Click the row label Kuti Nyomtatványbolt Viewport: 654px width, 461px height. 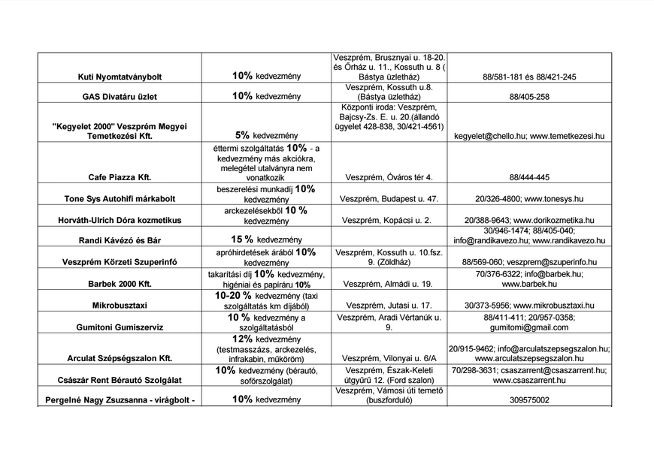120,77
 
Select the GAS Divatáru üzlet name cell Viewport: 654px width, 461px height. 120,97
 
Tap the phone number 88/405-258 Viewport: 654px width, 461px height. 529,97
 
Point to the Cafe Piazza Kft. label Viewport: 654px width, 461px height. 120,177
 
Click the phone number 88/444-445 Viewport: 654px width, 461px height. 529,177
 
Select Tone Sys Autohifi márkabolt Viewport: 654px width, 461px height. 120,199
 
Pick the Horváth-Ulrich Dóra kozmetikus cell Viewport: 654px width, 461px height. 120,221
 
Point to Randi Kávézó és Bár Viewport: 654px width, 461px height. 120,240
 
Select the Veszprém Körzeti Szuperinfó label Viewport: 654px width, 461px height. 120,262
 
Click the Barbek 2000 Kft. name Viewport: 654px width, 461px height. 120,285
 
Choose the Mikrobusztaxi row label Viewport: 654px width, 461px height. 120,306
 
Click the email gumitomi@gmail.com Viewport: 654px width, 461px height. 529,328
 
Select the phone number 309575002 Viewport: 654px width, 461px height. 529,401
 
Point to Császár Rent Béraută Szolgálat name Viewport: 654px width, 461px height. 120,380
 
